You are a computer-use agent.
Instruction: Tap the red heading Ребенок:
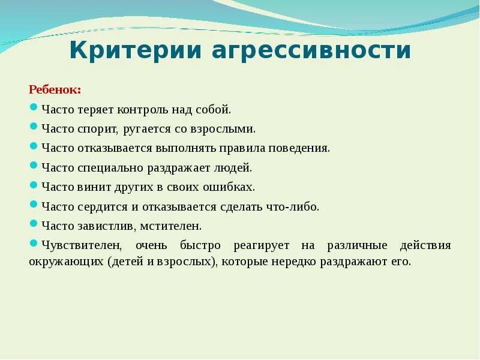coord(55,90)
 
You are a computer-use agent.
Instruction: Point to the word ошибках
coord(230,187)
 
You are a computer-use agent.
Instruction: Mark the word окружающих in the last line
coord(66,262)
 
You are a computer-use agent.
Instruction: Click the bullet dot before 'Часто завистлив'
coord(34,224)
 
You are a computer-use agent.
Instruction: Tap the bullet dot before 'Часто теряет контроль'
coord(34,108)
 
